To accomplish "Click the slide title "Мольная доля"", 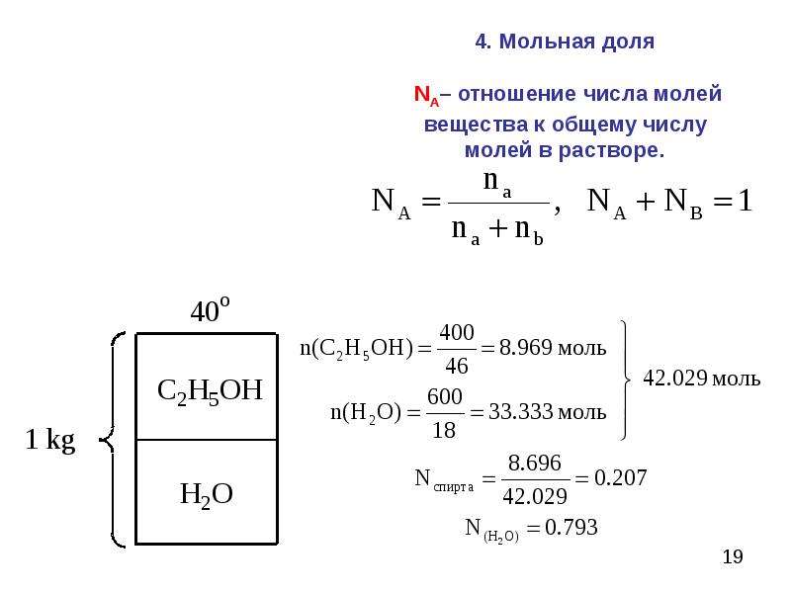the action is [576, 42].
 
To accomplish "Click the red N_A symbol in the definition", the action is [426, 95].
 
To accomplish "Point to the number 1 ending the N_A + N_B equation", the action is [745, 200].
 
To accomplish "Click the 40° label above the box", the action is [210, 309].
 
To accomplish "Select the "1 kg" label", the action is [50, 440].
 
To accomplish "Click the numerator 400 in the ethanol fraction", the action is [457, 332].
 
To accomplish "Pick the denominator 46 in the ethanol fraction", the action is [457, 365].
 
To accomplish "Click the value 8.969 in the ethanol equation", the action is [526, 348].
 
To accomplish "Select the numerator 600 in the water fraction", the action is [444, 396].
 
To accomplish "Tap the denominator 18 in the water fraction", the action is [444, 430].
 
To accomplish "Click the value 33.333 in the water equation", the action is [521, 411].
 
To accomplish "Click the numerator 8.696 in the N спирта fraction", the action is [534, 463].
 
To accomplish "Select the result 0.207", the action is [620, 477].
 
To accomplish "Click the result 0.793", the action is [571, 528].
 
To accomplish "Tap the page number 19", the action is [733, 556].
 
